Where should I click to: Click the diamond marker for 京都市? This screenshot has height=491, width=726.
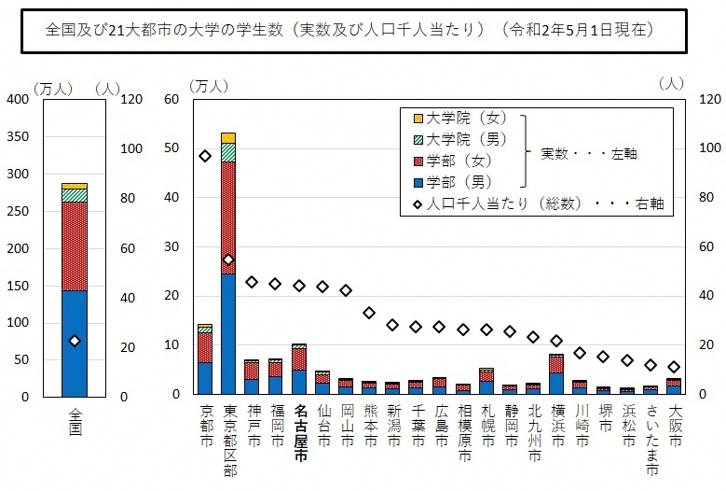205,156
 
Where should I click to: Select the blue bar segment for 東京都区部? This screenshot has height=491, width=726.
228,334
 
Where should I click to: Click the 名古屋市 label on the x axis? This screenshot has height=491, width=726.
299,428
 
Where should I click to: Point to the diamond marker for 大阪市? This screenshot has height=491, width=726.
675,367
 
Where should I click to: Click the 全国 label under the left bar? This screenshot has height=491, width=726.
75,422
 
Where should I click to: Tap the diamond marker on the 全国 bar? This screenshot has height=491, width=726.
75,341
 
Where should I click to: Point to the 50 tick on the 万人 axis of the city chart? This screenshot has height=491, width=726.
173,148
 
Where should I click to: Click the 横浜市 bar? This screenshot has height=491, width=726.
556,375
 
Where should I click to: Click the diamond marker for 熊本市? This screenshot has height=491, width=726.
369,313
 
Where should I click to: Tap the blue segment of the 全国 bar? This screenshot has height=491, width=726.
75,344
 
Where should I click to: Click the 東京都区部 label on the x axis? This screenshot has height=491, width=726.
228,439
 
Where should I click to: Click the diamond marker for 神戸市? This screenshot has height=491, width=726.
252,282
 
